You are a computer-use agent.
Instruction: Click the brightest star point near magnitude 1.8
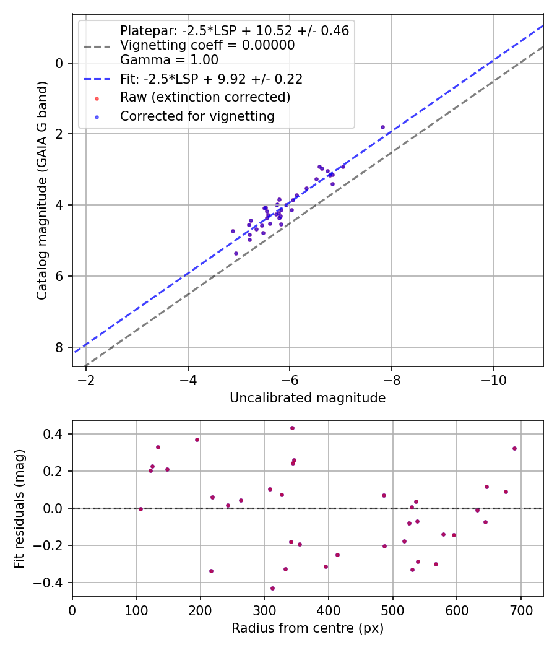pos(382,127)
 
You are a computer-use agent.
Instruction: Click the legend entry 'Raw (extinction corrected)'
pos(205,97)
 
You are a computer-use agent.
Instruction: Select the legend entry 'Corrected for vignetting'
pos(197,116)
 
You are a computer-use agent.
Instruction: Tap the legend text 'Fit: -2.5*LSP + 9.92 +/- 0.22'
pos(211,79)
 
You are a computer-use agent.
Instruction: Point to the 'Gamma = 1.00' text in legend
pos(169,60)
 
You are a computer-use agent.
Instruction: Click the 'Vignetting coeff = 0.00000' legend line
pos(207,45)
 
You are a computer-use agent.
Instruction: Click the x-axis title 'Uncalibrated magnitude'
pos(308,398)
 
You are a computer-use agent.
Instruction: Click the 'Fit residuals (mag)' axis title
pos(19,508)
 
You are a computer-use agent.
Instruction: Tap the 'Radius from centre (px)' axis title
pos(308,628)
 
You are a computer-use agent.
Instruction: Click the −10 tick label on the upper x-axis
pos(493,378)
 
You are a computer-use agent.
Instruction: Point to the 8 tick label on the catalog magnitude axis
pos(59,347)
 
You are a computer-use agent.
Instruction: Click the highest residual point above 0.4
pos(292,428)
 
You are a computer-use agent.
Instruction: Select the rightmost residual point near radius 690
pos(514,448)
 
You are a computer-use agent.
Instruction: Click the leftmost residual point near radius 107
pos(140,509)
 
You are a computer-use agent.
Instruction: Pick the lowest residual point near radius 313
pos(272,588)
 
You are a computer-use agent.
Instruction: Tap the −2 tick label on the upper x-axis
pos(85,378)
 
